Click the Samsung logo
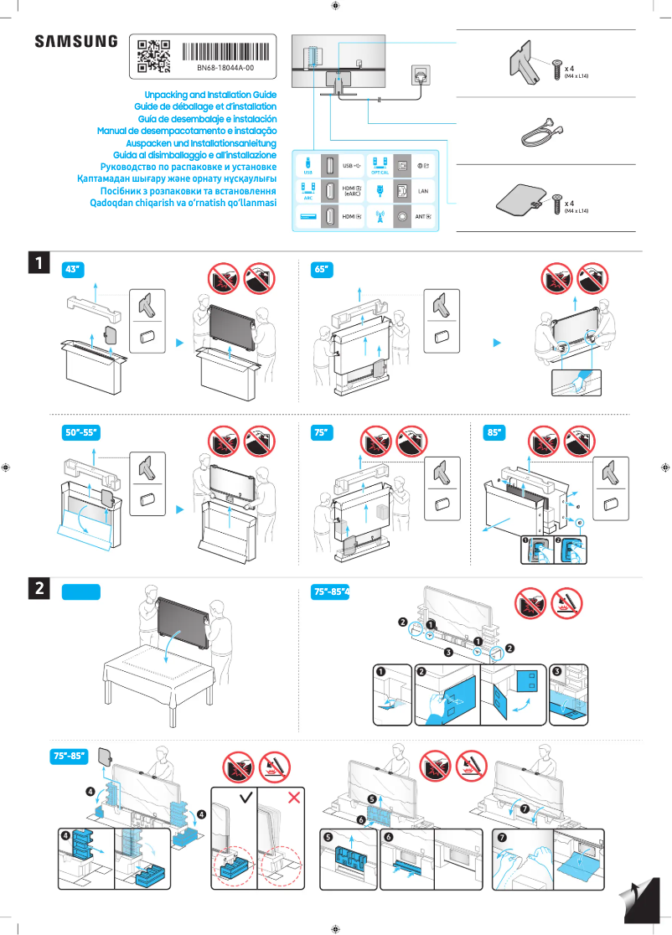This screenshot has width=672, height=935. (76, 42)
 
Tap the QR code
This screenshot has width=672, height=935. (153, 53)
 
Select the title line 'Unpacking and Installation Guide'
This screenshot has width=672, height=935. (210, 96)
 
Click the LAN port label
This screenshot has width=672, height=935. (423, 192)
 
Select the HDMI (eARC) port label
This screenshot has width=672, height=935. (352, 192)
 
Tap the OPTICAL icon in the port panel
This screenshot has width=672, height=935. (380, 166)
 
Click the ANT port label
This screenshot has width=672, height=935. (423, 217)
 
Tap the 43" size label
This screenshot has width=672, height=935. (74, 270)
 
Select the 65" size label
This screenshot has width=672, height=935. (322, 270)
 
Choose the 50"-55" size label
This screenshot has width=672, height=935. (81, 433)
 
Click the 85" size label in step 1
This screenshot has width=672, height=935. (495, 433)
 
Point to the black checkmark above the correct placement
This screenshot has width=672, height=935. (246, 795)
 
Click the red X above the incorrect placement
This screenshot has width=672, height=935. (294, 795)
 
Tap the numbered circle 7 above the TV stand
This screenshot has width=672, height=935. (525, 809)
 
